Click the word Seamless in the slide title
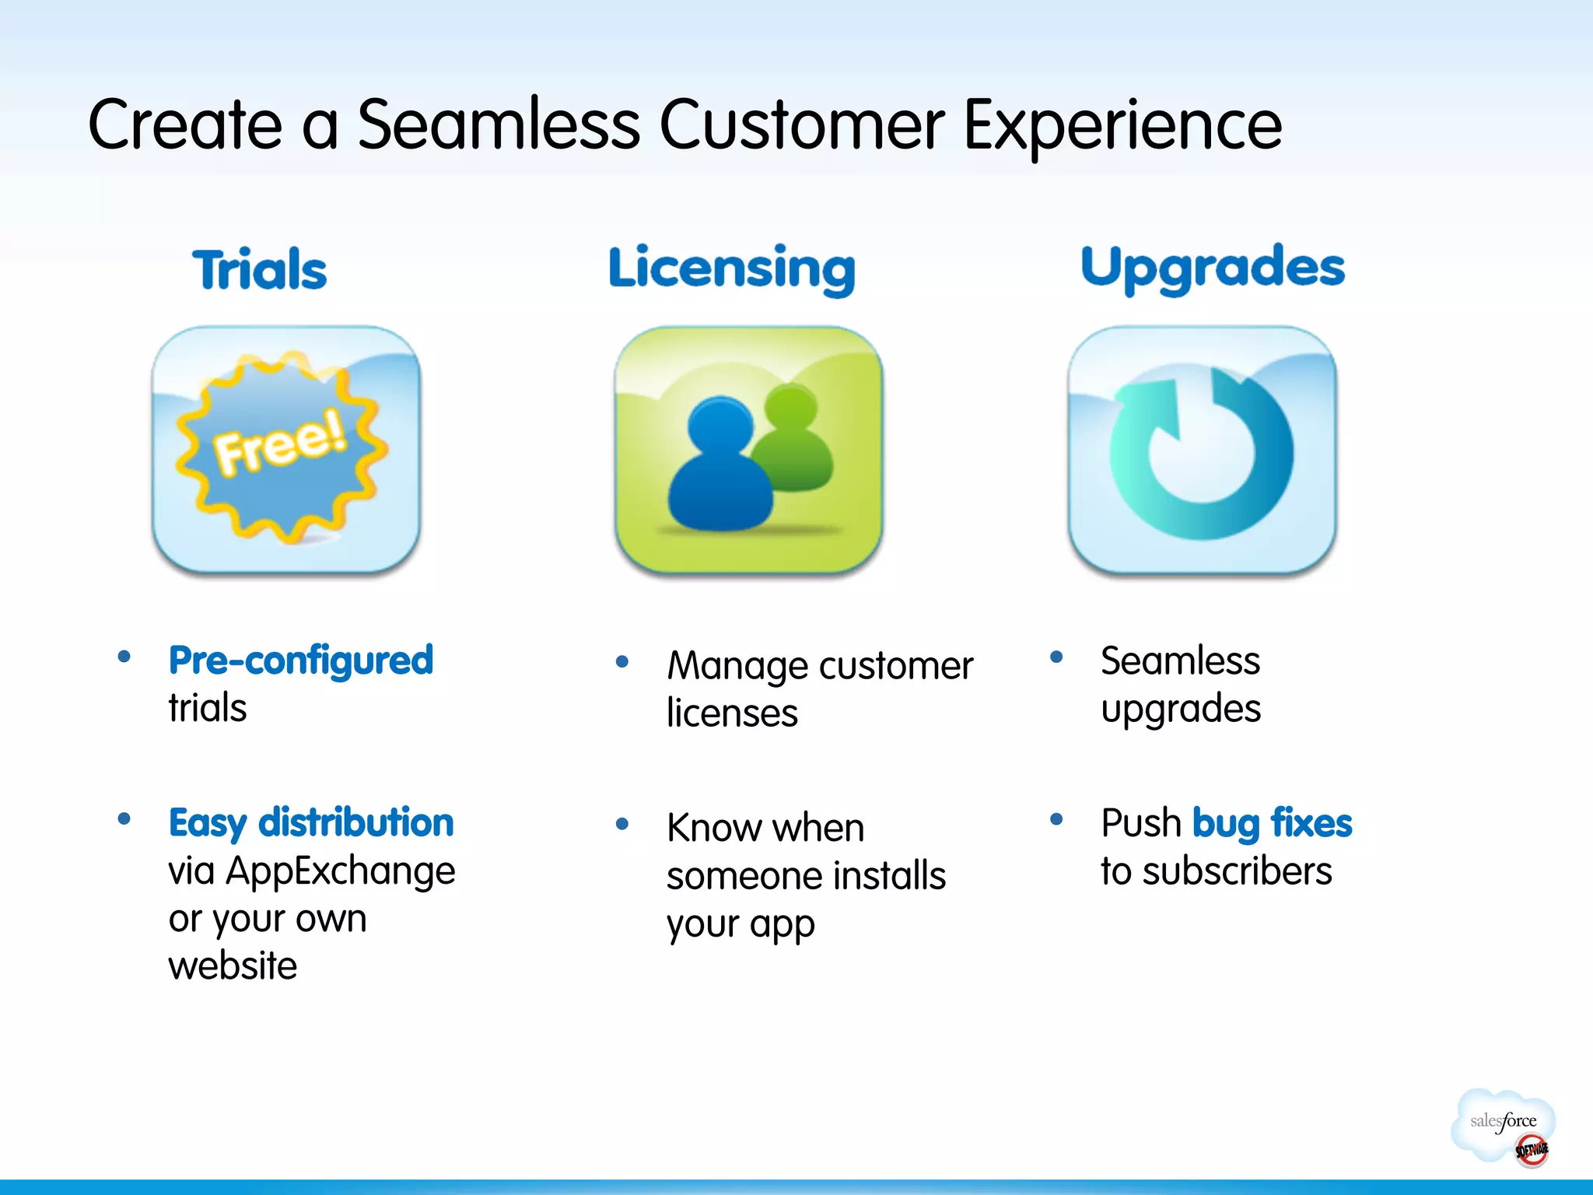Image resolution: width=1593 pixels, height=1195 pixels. coord(498,124)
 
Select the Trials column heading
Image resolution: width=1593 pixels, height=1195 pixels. coord(259,269)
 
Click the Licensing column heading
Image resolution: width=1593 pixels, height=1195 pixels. coord(731,268)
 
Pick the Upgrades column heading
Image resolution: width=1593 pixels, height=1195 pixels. coord(1212,268)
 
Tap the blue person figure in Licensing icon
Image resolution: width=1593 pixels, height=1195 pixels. coord(720,467)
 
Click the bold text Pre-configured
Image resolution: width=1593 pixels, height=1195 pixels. coord(300,661)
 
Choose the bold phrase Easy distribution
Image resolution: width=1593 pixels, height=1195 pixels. coord(311,822)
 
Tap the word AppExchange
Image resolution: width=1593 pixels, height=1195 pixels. coord(340,871)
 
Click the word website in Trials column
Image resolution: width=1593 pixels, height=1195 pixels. coord(233,965)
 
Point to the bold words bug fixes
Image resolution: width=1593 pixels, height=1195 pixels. coord(1272,823)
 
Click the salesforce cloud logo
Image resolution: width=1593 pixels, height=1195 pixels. coord(1501,1122)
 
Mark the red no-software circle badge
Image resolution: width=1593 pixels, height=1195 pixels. coord(1531,1150)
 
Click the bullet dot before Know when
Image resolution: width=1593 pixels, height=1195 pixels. coord(621,824)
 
